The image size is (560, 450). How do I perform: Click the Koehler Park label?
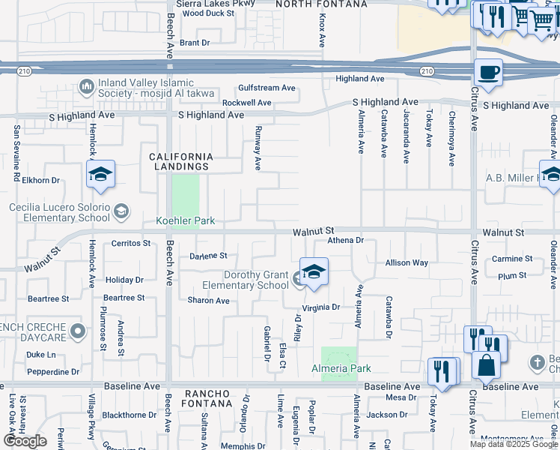[x=185, y=221]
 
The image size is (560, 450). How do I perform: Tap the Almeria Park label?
[x=341, y=368]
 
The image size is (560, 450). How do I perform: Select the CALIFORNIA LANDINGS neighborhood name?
[x=180, y=161]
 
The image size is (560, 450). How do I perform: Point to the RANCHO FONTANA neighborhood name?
[x=208, y=398]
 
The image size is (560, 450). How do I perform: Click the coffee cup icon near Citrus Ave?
[x=488, y=73]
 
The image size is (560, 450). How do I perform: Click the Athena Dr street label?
[x=345, y=241]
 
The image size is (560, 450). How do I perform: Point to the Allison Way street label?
[x=407, y=263]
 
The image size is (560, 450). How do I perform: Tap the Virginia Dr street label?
[x=321, y=307]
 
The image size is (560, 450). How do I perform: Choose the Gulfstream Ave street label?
[x=267, y=88]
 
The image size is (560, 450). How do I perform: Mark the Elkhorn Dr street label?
[x=40, y=181]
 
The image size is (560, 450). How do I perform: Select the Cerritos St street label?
[x=131, y=244]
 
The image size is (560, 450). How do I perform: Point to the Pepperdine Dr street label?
[x=52, y=372]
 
